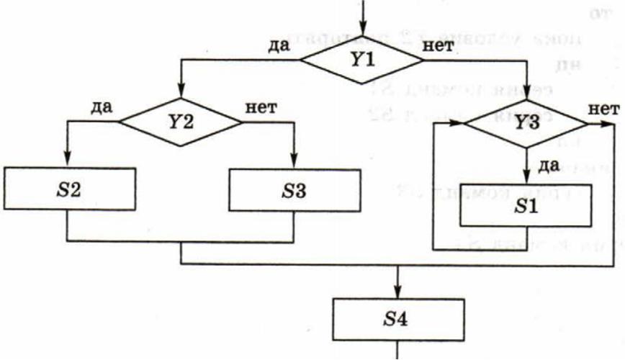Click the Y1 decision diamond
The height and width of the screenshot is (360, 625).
(x=361, y=59)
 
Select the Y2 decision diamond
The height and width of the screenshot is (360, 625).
(x=181, y=121)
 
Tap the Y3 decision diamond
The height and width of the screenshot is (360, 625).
(x=527, y=122)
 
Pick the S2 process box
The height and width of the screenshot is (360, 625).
(x=69, y=189)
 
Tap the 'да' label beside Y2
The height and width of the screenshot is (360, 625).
(x=102, y=108)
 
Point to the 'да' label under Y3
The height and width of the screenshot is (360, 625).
(x=550, y=166)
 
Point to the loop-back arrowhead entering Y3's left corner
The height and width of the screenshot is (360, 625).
(x=458, y=122)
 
